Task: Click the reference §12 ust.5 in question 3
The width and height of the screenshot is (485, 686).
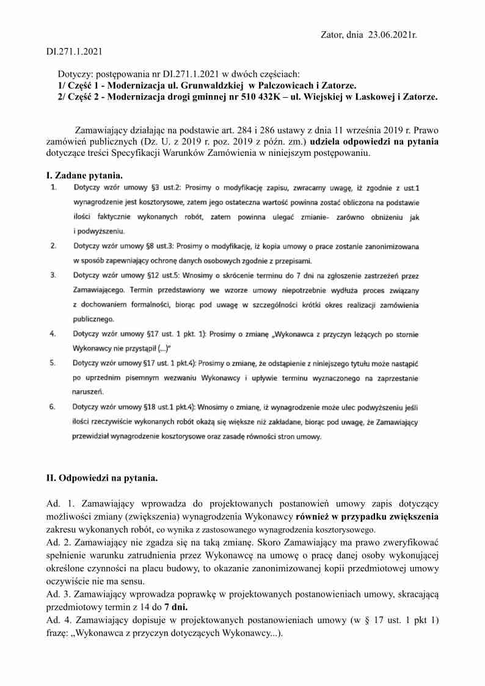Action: click(x=165, y=275)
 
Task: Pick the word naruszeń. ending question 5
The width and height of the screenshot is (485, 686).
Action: click(x=89, y=392)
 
